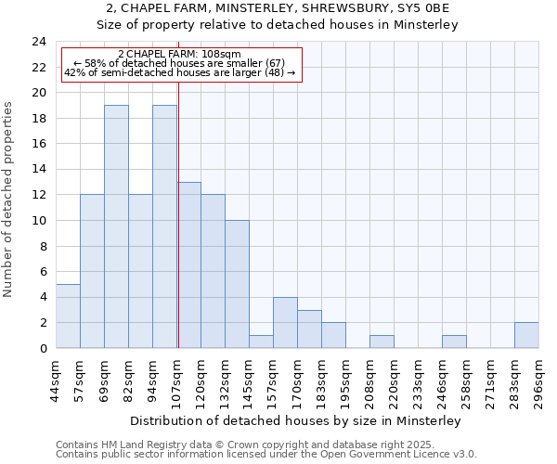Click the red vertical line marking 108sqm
(x=178, y=213)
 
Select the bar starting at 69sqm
(x=116, y=226)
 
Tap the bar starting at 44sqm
(x=68, y=316)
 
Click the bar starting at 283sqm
(x=526, y=335)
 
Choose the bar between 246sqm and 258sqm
(x=454, y=342)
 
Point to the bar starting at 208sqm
(x=382, y=342)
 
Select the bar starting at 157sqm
(x=285, y=322)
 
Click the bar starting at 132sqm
(x=237, y=284)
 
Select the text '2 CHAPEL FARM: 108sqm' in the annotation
(x=180, y=54)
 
